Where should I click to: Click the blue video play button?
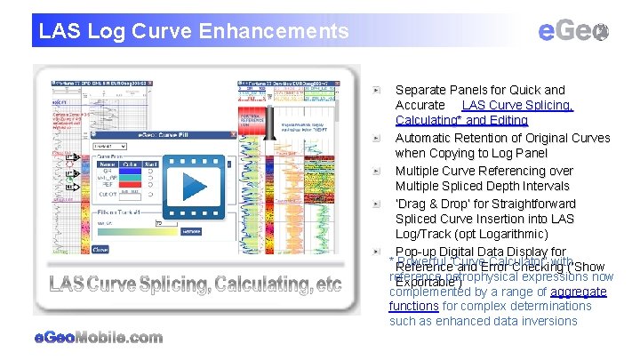[194, 187]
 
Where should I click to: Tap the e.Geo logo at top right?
[573, 31]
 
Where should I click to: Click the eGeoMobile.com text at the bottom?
[98, 338]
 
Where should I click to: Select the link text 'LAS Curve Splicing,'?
[517, 105]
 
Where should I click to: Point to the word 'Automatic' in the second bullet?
[424, 138]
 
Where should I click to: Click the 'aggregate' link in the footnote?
[579, 292]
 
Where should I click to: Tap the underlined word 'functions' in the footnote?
[413, 306]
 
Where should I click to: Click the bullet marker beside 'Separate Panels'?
[378, 91]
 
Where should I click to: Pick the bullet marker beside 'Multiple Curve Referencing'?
[378, 172]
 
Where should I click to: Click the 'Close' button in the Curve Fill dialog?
[100, 251]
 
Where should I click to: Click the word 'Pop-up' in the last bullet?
[416, 252]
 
